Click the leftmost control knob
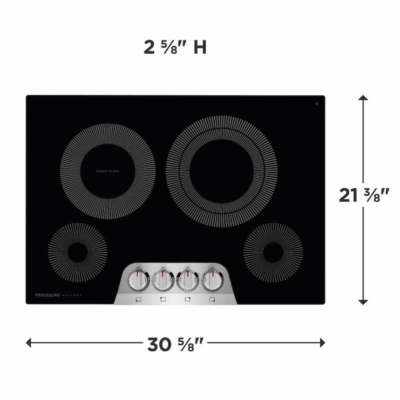138,280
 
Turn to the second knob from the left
163,280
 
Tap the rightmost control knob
212,280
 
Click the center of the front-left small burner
77,252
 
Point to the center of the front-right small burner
273,252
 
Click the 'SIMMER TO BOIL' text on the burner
107,171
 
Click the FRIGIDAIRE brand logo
47,295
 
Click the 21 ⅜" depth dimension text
363,195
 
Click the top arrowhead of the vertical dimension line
363,99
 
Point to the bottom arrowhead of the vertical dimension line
363,301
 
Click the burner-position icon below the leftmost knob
138,299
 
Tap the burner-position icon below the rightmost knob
212,299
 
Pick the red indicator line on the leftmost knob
138,273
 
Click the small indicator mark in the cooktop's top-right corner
317,104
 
